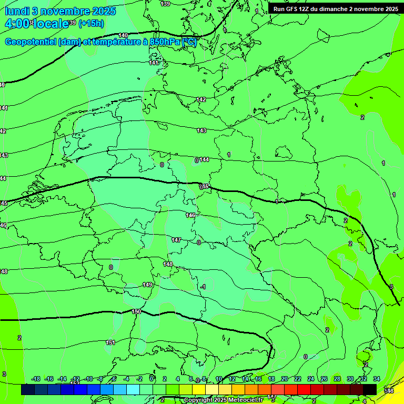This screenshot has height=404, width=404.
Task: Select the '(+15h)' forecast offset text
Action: (91, 24)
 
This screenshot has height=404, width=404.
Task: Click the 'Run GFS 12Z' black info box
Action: (336, 9)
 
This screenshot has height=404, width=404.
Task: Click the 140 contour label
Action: (124, 35)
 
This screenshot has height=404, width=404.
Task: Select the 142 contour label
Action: (201, 99)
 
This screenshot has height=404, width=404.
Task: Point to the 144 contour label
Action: (204, 159)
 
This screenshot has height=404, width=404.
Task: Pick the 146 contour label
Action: (190, 215)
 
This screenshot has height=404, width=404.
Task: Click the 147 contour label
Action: (176, 240)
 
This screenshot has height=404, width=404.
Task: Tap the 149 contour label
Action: (148, 285)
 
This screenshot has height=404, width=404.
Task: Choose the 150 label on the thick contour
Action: (136, 312)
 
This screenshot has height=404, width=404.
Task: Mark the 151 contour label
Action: (110, 342)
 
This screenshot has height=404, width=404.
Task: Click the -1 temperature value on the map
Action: (203, 287)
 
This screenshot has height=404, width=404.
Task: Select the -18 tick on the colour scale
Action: (36, 379)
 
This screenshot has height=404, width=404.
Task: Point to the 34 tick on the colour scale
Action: (377, 379)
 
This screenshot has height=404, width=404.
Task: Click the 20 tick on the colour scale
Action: (284, 379)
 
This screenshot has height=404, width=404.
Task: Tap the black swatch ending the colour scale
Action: (370, 389)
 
